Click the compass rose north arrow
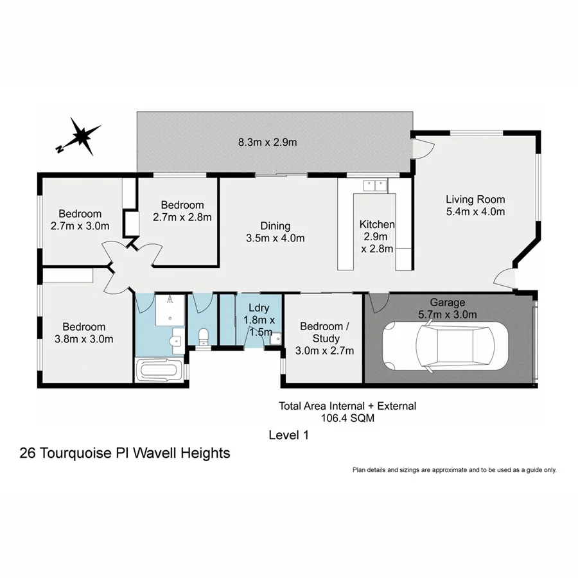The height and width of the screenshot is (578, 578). tap(81, 136)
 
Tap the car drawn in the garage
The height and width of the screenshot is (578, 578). tap(444, 346)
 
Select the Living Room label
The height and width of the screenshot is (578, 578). tap(475, 199)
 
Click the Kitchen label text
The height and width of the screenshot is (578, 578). tap(377, 224)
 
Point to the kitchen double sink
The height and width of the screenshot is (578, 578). tap(374, 186)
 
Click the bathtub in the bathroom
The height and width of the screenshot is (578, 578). tap(161, 371)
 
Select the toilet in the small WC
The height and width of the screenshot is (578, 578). tap(204, 336)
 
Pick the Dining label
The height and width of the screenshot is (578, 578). tap(275, 226)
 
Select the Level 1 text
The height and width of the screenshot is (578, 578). tap(288, 435)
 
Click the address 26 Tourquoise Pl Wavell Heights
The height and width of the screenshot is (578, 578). tap(125, 453)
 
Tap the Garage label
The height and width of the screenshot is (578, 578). tap(448, 303)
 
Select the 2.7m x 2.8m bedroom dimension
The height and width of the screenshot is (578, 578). tap(182, 217)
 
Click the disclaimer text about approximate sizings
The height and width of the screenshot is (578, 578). tap(454, 470)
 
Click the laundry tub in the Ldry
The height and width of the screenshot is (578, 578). tap(275, 338)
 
